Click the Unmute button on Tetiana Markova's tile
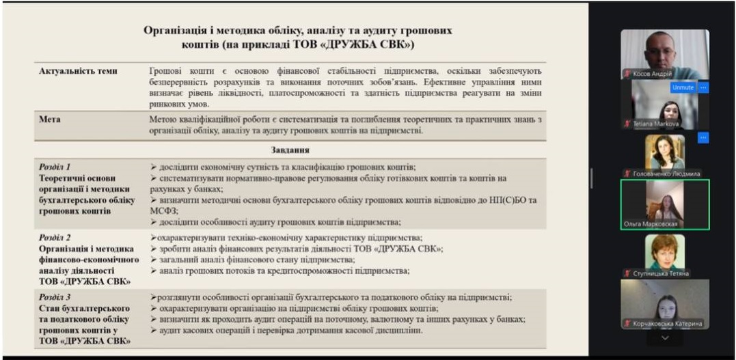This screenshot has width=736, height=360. click(683, 87)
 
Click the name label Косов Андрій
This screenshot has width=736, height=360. click(653, 74)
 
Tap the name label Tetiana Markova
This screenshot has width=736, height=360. click(655, 124)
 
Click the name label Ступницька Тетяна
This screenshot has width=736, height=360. click(662, 273)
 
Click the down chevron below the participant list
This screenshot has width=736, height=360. click(664, 337)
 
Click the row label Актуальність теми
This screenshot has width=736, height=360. click(78, 71)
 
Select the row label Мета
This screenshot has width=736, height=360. click(49, 120)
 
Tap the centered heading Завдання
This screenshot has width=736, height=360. click(290, 150)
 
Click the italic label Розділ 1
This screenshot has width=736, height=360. click(55, 167)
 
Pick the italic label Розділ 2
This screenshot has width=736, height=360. click(55, 238)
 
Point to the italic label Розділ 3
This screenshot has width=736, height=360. click(55, 297)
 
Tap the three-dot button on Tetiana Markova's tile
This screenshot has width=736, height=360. click(703, 87)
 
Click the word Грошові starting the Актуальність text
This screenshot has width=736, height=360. click(167, 71)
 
